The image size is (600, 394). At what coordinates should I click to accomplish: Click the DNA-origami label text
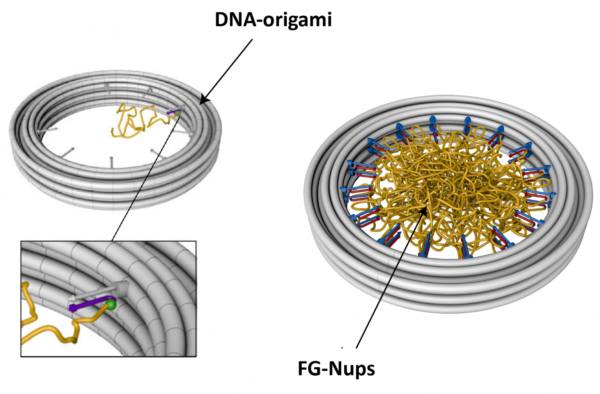(273, 20)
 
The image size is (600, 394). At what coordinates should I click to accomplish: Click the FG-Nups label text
(336, 369)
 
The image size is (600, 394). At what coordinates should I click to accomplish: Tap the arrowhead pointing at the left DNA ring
(203, 100)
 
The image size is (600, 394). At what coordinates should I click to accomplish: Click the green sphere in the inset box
(111, 304)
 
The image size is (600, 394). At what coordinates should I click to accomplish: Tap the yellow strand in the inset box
(46, 329)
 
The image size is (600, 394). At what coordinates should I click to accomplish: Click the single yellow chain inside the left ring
(133, 121)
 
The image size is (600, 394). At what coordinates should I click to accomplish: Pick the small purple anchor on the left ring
(173, 113)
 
